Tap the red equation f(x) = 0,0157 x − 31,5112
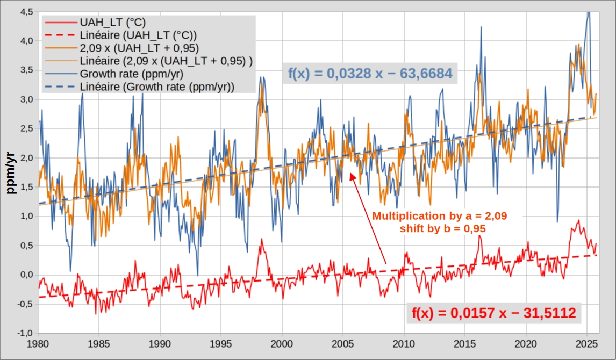click(493, 313)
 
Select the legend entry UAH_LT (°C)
click(112, 23)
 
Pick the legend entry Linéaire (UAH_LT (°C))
click(137, 35)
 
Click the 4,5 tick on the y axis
click(26, 11)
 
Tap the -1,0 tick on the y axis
click(25, 333)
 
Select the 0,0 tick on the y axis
click(26, 275)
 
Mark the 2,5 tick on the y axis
click(26, 128)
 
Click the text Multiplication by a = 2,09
click(440, 216)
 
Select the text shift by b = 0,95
click(440, 228)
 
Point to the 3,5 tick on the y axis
click(26, 70)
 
